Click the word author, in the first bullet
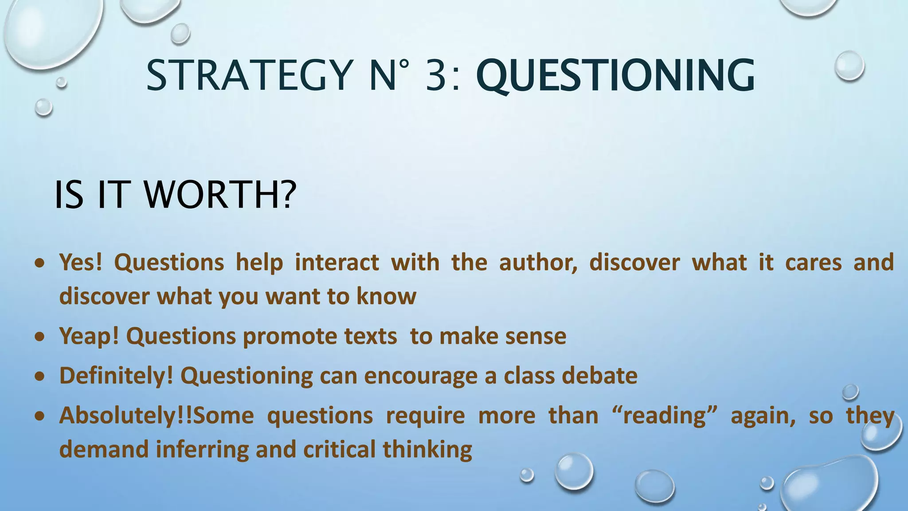(538, 262)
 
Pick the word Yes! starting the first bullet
(81, 262)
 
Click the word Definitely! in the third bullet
(116, 376)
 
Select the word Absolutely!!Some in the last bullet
(157, 416)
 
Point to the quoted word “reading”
(664, 416)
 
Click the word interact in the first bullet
(337, 262)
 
